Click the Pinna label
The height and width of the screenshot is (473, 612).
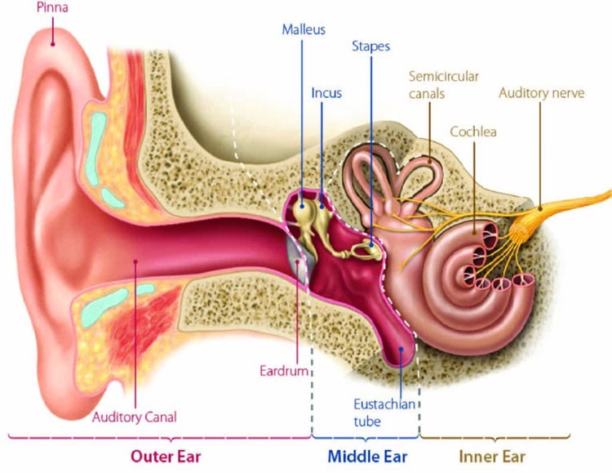pos(52,7)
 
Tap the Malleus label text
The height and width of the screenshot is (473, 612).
pos(304,29)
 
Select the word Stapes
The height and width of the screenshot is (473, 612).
pos(370,46)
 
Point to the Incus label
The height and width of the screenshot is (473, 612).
pos(326,93)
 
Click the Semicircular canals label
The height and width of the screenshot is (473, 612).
pos(443,85)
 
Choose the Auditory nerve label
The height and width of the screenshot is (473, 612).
pos(541,93)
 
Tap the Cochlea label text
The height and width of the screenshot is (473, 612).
pos(473,132)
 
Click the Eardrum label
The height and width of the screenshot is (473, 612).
pos(284,371)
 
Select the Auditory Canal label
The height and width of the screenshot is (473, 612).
pos(135,417)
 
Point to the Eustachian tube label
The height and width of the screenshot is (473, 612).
pos(384,413)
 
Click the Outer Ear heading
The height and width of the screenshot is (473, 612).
pos(166,456)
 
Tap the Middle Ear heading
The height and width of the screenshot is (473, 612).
pos(367,456)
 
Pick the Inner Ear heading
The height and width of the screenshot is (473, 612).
pos(492,456)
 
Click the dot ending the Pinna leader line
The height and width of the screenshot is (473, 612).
pos(53,44)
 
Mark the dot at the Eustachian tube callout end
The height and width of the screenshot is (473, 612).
pos(401,349)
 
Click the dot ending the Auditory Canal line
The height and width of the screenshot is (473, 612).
pos(135,261)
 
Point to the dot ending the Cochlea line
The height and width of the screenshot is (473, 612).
pos(475,233)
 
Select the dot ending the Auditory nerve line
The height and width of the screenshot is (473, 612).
pos(540,209)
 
